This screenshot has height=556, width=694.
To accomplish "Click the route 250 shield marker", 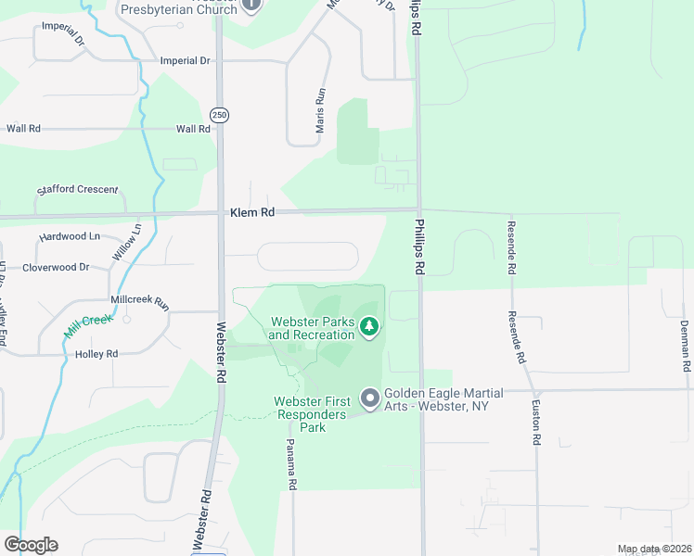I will point(219,115).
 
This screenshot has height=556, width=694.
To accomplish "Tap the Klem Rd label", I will point(252,212).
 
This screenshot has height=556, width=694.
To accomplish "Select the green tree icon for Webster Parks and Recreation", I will point(369,326).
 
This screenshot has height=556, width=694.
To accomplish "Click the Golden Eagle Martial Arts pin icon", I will point(370,399).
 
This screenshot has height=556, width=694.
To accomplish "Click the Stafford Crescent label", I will point(78,190).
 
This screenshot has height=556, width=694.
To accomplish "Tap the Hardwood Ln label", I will point(69,236).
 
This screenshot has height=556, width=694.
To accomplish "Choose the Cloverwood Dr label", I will point(56,267).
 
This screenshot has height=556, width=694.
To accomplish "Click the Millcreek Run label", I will point(140,302).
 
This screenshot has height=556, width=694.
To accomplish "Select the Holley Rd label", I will point(96,354).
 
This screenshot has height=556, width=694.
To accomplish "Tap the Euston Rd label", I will point(536,423).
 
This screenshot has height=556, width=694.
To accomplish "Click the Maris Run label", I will point(321,110).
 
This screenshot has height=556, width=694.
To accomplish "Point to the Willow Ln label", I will point(127,241).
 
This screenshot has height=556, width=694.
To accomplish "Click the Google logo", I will point(31,545).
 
